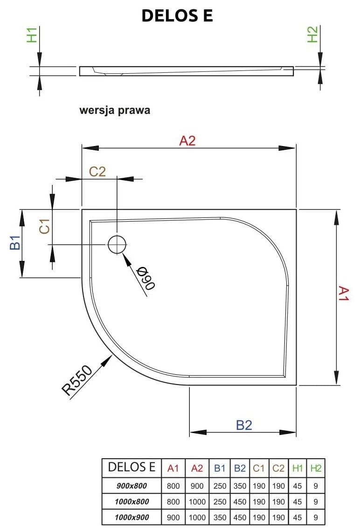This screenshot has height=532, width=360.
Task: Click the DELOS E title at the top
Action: (x=177, y=16)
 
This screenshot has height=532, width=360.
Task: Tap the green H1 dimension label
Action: (x=32, y=35)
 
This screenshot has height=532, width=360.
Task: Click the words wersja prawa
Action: (x=115, y=111)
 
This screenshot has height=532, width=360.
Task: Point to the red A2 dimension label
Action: (x=187, y=140)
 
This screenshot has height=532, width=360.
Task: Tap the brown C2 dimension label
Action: (x=97, y=171)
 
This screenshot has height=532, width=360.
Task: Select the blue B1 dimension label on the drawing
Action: (x=15, y=243)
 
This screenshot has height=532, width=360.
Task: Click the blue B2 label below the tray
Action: (x=243, y=425)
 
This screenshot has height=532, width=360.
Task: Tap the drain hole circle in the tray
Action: (x=117, y=244)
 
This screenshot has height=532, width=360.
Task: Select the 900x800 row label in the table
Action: (x=132, y=486)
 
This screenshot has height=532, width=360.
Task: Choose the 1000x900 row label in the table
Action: (x=132, y=518)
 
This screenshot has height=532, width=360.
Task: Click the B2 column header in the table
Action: (x=240, y=468)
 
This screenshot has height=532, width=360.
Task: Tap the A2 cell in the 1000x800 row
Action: (x=197, y=502)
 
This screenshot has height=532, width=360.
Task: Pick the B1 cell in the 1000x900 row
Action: (x=220, y=518)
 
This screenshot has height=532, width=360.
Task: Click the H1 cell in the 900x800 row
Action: (x=297, y=486)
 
